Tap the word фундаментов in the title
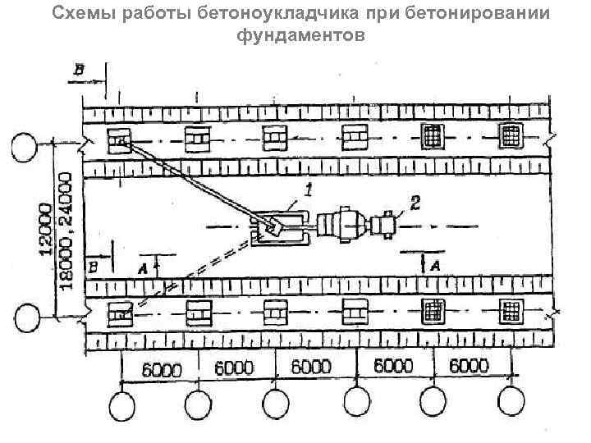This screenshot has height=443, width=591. pos(295,37)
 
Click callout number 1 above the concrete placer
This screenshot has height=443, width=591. pos(309,191)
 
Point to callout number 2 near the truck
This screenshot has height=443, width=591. pos(415,203)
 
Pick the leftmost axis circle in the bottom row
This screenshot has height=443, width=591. pos(124,405)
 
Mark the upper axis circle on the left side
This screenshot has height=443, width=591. pos(24,148)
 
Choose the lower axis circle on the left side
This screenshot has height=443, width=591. pos(25,316)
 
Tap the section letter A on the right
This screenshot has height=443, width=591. pos(435,264)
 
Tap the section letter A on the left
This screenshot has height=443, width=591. pos(143,267)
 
